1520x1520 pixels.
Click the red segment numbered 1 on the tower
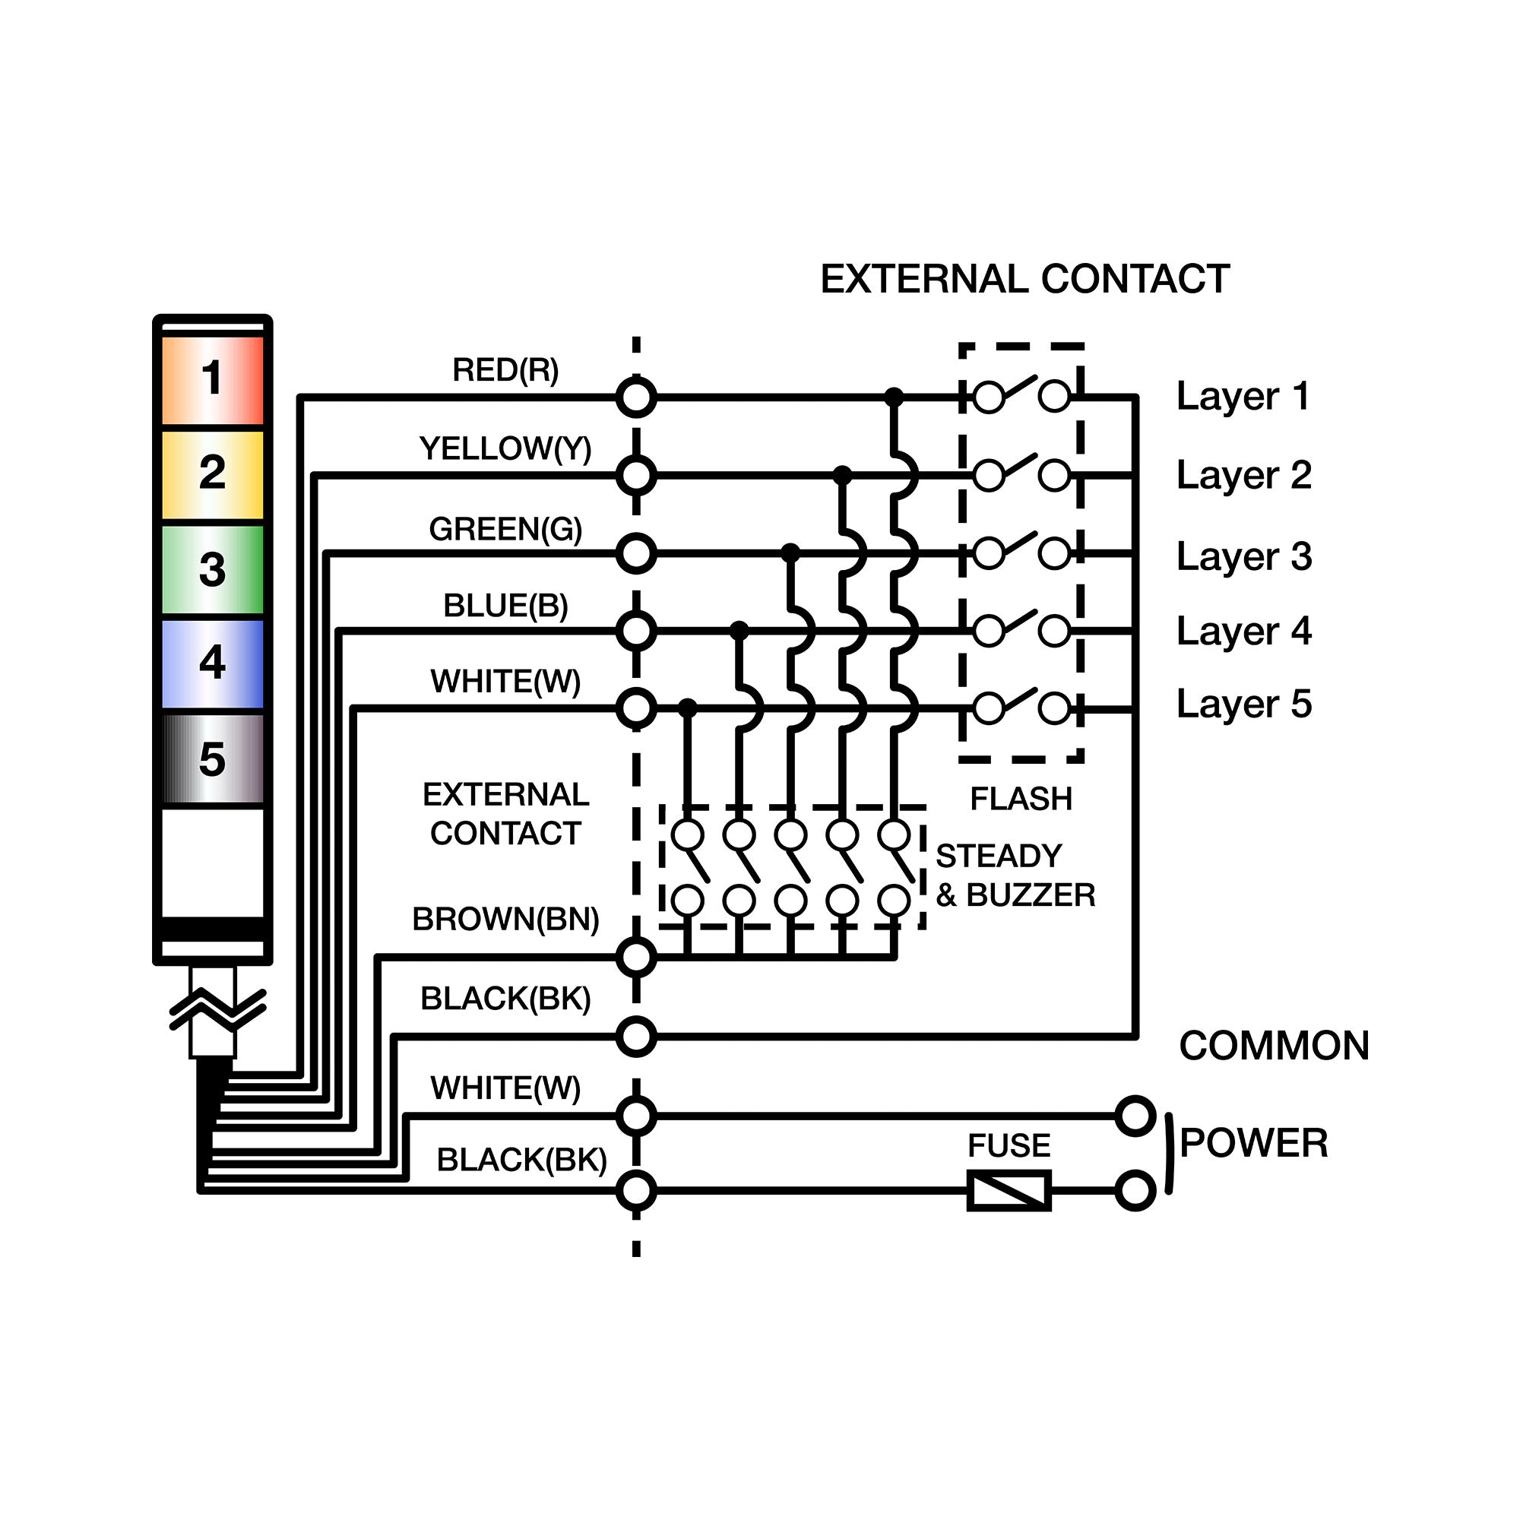[213, 380]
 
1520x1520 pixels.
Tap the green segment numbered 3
[213, 569]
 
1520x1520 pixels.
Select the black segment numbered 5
[213, 758]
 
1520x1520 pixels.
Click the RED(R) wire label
[505, 370]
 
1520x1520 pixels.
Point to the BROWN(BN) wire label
[505, 919]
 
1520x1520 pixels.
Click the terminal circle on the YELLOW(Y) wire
[635, 475]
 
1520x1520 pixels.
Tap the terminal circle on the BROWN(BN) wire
[635, 958]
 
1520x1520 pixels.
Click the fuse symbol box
[1009, 1190]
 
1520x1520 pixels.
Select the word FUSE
[1009, 1145]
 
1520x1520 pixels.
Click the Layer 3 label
[1244, 556]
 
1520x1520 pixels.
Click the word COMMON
[1274, 1047]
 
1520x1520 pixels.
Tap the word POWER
[1253, 1143]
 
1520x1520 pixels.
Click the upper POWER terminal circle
[1135, 1116]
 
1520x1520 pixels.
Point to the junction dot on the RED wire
[894, 397]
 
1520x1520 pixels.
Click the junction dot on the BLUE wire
[739, 630]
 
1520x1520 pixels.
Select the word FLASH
[1021, 800]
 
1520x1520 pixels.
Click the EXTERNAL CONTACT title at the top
[1024, 279]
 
